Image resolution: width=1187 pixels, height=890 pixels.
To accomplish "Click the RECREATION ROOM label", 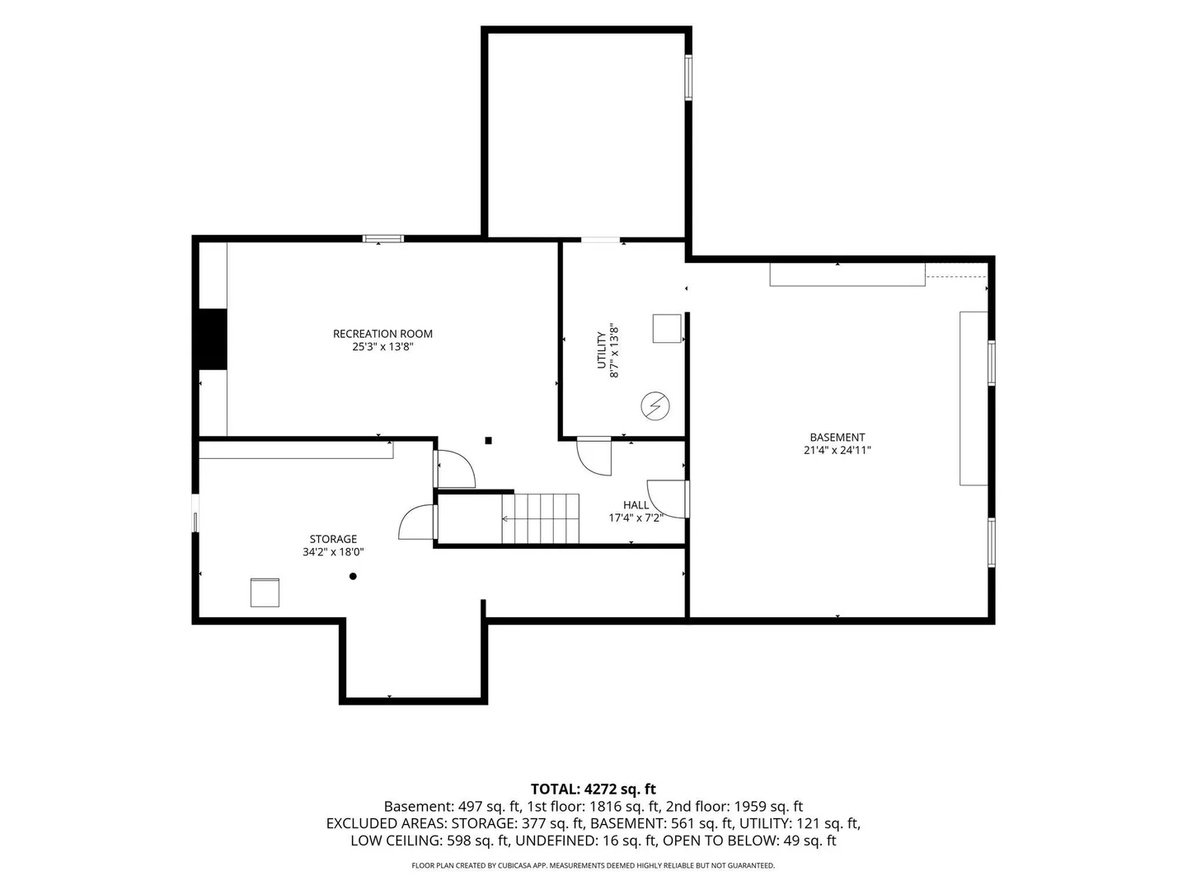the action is (382, 334).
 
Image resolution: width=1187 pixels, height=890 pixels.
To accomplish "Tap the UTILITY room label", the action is (601, 350).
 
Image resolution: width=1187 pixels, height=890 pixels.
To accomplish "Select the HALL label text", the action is (636, 504).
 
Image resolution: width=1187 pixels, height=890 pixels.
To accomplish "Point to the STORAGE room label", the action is (333, 539).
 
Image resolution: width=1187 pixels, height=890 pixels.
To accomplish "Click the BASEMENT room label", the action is (837, 437).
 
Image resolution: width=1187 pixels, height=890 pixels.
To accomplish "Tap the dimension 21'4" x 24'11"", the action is (837, 450).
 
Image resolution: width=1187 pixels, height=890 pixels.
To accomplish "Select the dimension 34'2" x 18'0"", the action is (333, 552).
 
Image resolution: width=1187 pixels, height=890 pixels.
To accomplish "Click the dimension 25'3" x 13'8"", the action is (382, 347).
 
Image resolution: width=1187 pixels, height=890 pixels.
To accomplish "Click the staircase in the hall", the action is (540, 518).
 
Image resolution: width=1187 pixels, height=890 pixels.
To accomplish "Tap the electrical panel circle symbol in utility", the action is (654, 405).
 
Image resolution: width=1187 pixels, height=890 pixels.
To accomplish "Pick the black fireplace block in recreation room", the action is (213, 340).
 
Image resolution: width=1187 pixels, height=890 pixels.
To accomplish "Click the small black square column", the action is (488, 440).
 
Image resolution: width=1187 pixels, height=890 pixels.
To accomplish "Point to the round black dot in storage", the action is (353, 576).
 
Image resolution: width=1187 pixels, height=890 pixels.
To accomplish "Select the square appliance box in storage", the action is (265, 593).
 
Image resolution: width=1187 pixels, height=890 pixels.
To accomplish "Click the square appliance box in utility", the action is (667, 329).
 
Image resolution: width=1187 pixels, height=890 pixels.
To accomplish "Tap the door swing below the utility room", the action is (593, 457).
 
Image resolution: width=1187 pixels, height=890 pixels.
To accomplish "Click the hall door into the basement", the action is (668, 499).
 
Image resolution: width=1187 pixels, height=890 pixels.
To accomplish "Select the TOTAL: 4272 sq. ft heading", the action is (593, 789).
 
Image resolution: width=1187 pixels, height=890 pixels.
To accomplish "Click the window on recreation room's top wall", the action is (382, 238).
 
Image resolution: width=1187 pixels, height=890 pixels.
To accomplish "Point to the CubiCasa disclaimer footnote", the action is (593, 865).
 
